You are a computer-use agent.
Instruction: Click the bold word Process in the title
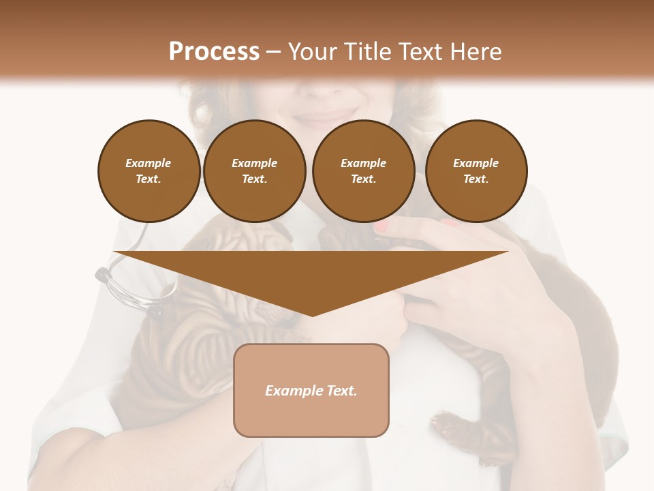[214, 51]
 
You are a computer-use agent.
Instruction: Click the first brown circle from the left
[149, 171]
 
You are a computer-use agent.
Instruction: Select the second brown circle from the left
[254, 171]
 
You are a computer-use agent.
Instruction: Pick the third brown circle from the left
[363, 171]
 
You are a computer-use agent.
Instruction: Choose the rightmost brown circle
[476, 171]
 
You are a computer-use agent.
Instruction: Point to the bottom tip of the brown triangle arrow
[312, 315]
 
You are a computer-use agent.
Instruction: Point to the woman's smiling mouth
[327, 116]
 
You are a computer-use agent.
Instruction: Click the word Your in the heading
[312, 51]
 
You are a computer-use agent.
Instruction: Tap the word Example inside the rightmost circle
[476, 163]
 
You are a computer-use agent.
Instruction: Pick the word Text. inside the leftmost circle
[149, 179]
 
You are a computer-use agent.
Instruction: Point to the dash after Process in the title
[273, 52]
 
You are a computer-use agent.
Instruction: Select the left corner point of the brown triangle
[114, 252]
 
